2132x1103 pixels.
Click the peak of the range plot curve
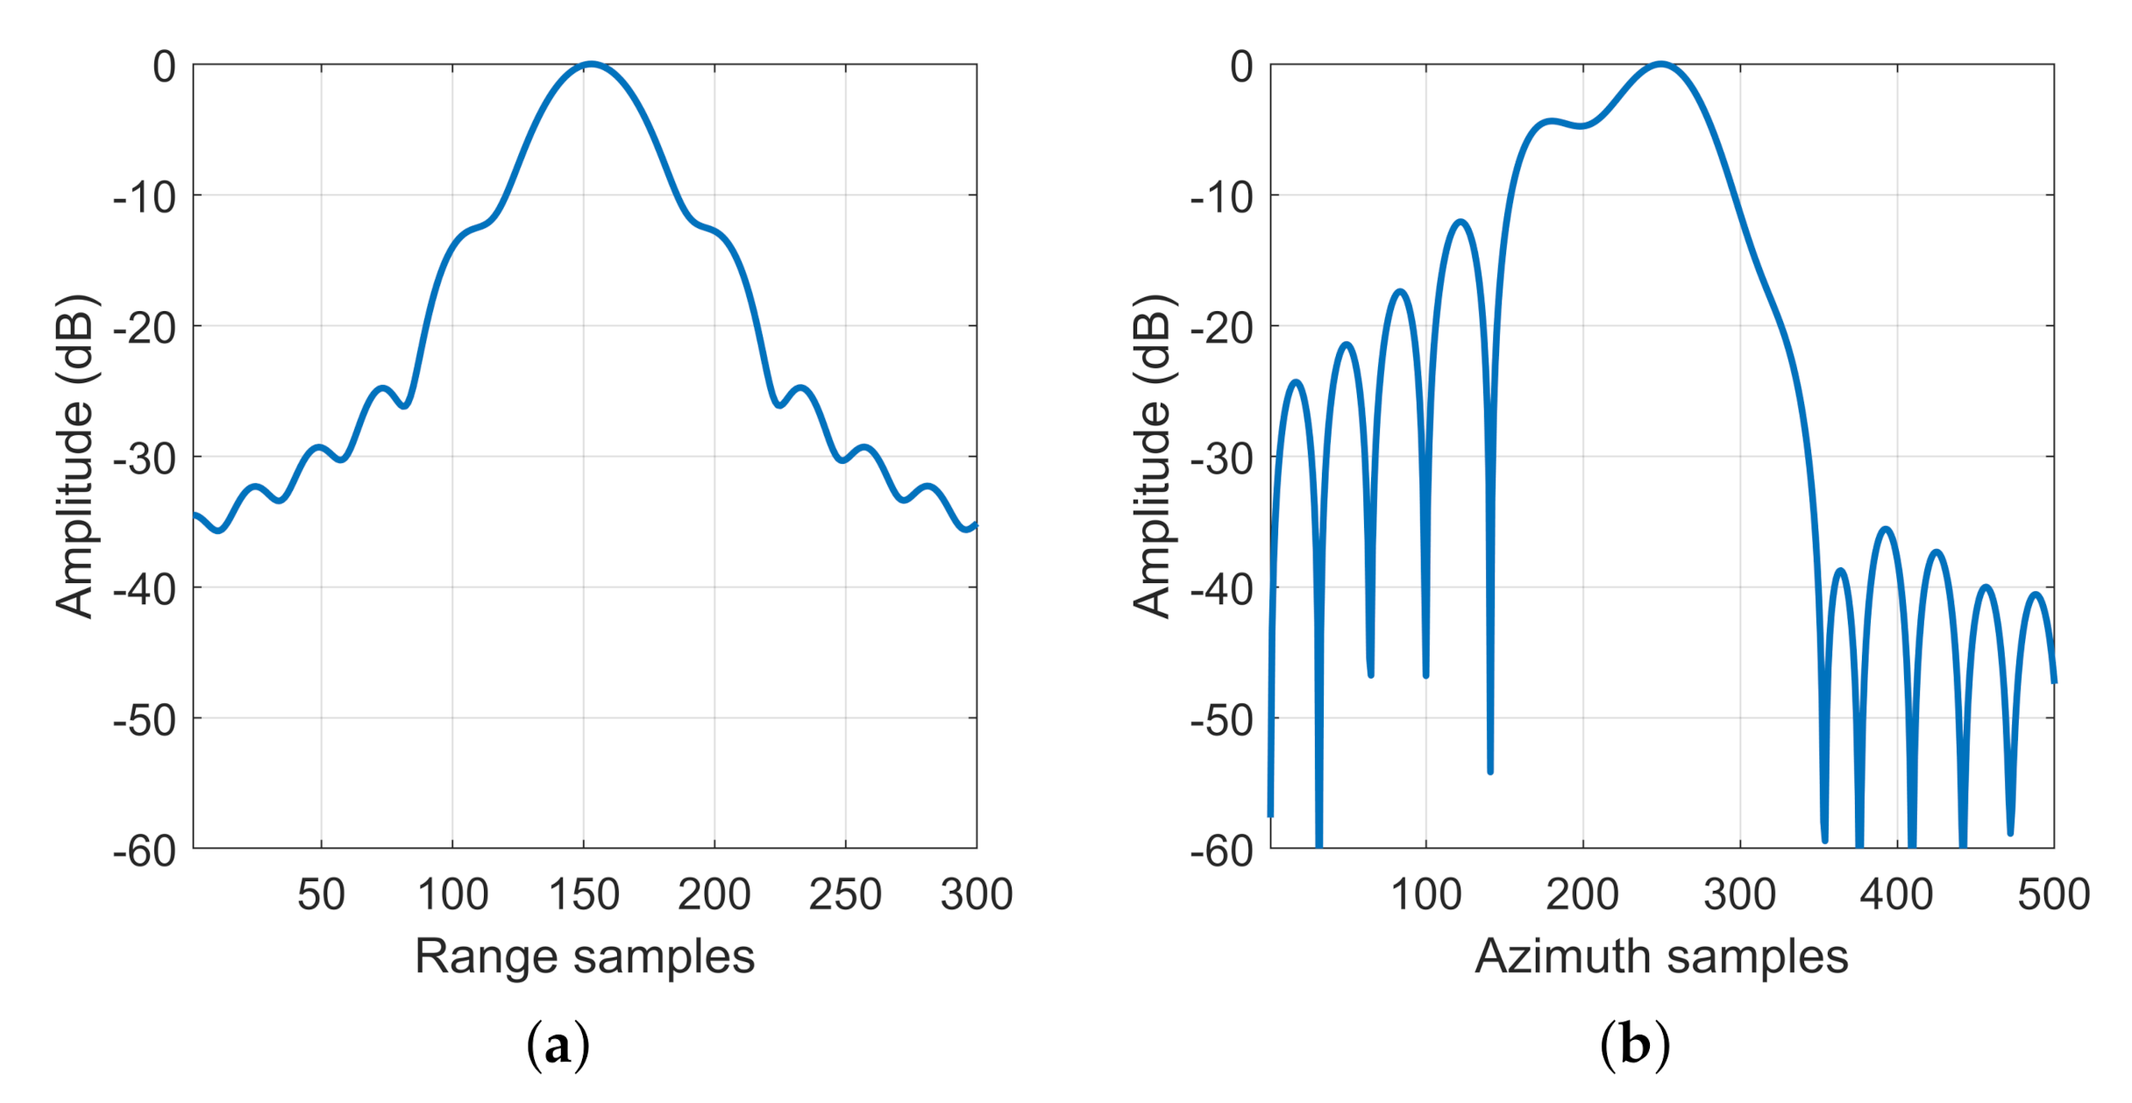coord(591,64)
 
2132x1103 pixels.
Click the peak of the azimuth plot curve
coord(1660,64)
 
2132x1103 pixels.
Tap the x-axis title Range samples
coord(585,956)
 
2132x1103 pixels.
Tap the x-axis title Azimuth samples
coord(1661,956)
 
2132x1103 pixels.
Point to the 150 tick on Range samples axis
coord(584,895)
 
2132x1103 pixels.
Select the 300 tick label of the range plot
coord(976,895)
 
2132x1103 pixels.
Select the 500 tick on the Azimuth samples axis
coord(2053,895)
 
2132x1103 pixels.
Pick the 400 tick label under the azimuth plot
coord(1896,895)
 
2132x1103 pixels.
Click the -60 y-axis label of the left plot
coord(145,851)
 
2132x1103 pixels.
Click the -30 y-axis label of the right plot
coord(1222,459)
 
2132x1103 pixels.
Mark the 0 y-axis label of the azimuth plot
coord(1241,68)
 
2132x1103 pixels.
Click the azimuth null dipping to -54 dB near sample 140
coord(1490,770)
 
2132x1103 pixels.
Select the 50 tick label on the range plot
coord(321,895)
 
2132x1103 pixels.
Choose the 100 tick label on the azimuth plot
coord(1426,895)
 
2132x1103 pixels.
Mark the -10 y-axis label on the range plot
coord(145,198)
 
